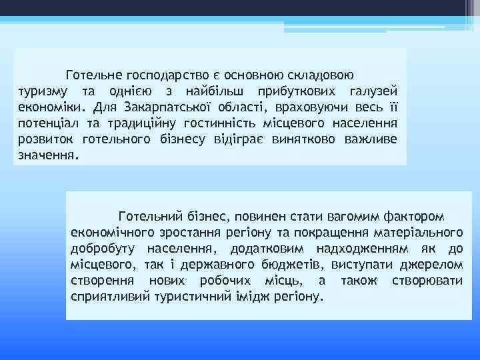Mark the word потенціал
(46, 123)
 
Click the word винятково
(307, 139)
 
